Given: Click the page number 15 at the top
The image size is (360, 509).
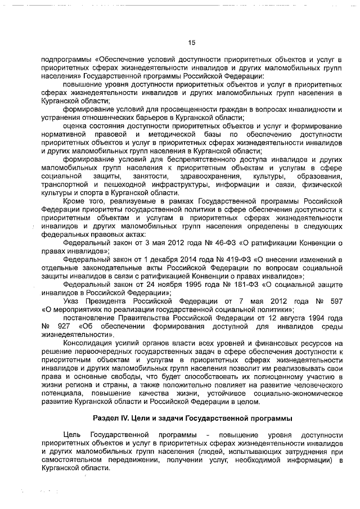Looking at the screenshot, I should [191, 42].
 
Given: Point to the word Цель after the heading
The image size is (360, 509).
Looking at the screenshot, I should [74, 435].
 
